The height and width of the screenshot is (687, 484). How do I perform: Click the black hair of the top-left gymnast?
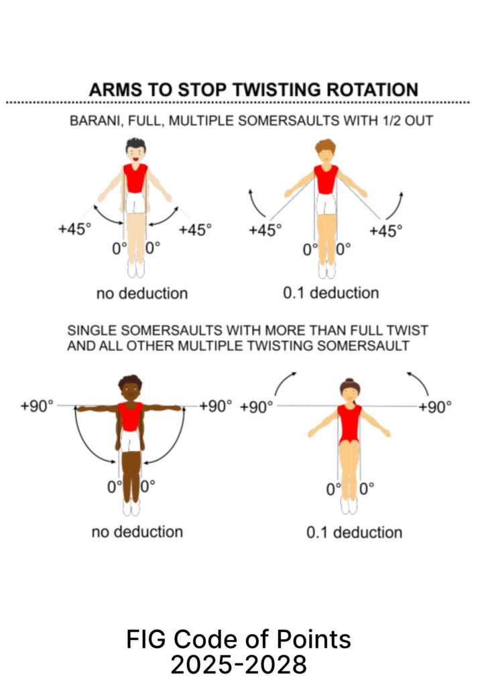click(135, 144)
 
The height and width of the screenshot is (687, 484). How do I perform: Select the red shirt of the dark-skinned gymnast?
click(131, 416)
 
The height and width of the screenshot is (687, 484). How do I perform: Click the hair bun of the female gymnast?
click(349, 380)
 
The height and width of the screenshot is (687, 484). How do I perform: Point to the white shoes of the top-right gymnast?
click(326, 270)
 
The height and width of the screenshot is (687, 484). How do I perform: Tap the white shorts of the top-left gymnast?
click(135, 203)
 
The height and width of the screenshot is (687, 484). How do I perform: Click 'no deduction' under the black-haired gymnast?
click(142, 293)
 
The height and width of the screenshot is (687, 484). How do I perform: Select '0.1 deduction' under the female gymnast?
click(355, 532)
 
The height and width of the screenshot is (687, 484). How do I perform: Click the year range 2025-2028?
click(239, 665)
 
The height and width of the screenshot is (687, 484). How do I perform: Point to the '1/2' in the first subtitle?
click(391, 121)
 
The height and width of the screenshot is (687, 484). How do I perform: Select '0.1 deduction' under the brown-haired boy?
click(331, 293)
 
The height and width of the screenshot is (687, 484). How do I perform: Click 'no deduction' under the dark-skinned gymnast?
click(137, 532)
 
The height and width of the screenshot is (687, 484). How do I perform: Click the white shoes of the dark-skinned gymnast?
click(131, 507)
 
